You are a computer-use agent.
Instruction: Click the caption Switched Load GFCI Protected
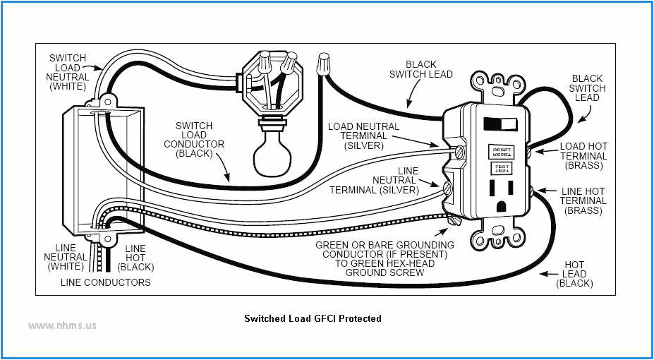[x=313, y=318]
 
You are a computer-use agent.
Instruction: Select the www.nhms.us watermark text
[x=63, y=325]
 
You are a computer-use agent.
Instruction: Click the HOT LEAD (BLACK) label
[x=574, y=273]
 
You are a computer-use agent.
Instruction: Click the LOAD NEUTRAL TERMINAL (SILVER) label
[x=363, y=136]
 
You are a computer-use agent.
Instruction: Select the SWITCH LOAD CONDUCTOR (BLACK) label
[x=200, y=139]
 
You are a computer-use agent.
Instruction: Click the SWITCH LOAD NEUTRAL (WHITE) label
[x=68, y=72]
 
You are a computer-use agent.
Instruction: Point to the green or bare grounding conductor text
[x=384, y=258]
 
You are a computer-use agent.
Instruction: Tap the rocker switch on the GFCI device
[x=501, y=124]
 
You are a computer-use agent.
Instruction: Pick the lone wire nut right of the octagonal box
[x=325, y=64]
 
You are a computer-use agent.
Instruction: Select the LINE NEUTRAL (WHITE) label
[x=66, y=257]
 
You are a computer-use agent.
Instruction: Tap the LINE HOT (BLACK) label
[x=135, y=257]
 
